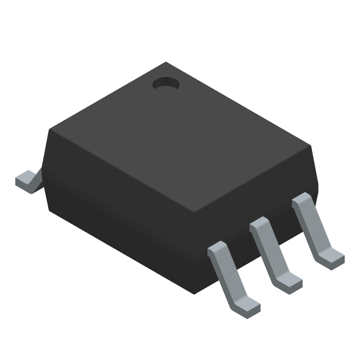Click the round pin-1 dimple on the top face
click(x=165, y=84)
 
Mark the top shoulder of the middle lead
click(x=260, y=224)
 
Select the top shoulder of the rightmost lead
click(x=301, y=200)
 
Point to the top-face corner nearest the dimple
click(x=166, y=63)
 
